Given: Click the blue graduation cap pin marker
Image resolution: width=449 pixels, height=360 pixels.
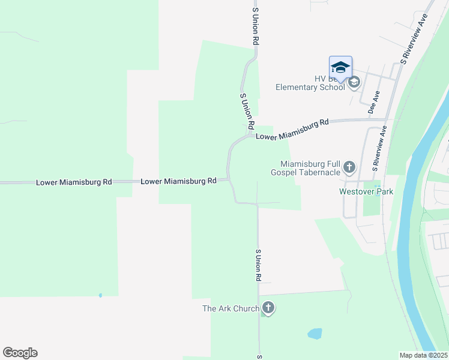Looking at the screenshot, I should [340, 67].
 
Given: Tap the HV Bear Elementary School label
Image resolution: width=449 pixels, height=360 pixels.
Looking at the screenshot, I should [310, 83].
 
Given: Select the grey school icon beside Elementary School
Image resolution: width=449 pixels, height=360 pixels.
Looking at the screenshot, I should [354, 82].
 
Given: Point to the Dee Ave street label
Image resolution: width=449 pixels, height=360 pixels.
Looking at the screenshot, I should [374, 102].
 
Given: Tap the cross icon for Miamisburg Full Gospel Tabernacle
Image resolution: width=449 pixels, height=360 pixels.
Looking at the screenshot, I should [349, 167].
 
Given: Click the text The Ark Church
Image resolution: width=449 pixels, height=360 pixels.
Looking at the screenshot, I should [231, 309].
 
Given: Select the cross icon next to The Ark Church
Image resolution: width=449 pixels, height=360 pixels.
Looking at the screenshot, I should [268, 308].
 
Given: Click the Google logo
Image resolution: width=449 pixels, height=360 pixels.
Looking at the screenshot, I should [20, 353].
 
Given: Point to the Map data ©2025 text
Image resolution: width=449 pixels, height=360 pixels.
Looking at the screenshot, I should [424, 355].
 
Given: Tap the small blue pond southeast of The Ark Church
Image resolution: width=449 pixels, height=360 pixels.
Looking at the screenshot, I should [314, 333].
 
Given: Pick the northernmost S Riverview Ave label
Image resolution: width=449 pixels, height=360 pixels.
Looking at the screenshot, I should [414, 39].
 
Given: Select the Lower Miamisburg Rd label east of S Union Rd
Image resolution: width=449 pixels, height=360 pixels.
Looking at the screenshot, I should [292, 130].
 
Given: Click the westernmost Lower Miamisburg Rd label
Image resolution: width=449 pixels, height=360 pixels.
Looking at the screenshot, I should [74, 181].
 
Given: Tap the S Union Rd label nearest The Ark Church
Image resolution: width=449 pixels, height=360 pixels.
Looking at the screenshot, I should [258, 265].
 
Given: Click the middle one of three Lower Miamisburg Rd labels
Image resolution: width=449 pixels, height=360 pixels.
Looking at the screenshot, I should [178, 181].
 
